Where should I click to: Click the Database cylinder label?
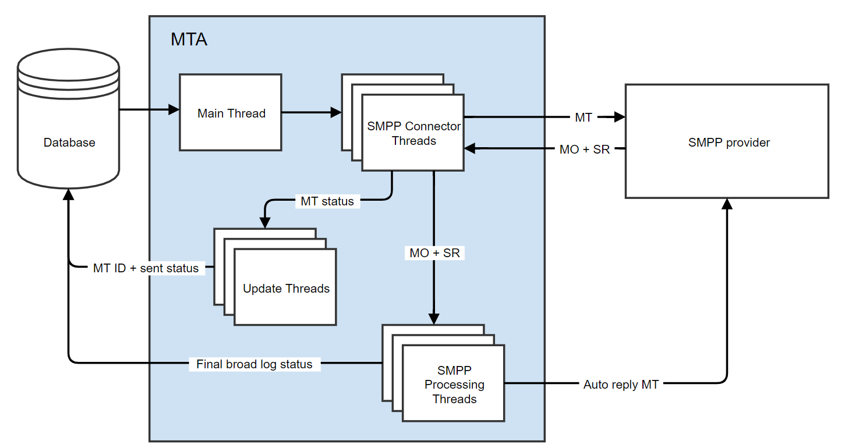69,143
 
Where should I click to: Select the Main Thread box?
231,113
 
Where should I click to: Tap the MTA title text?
189,40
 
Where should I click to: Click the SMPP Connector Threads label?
413,133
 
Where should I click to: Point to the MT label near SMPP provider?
583,118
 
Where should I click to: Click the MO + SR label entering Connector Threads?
584,150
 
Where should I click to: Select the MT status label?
327,201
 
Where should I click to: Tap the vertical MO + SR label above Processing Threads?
434,253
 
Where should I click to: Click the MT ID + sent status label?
146,268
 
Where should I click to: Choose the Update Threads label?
286,289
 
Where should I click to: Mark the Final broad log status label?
254,364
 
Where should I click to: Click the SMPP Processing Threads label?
454,385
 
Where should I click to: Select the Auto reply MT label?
621,385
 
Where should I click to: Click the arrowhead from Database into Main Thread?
174,109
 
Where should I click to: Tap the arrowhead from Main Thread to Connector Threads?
336,113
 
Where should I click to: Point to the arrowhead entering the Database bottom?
69,194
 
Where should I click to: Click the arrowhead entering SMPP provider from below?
727,204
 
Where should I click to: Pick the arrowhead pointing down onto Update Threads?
265,222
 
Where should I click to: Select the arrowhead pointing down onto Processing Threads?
434,319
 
